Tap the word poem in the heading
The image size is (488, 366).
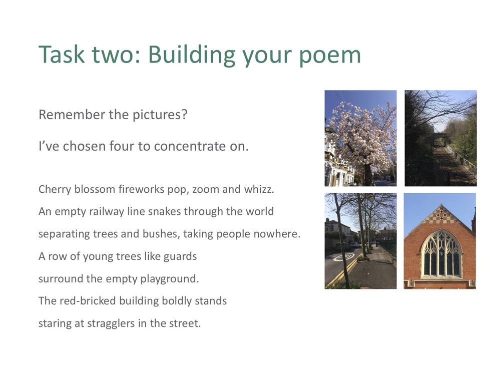click(329, 57)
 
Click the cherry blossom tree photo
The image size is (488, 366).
click(360, 138)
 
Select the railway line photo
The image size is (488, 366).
click(440, 138)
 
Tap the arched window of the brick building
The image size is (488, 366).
click(441, 254)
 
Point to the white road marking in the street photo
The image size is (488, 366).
click(343, 257)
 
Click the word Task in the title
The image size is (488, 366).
click(62, 54)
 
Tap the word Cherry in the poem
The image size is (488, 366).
click(55, 190)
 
